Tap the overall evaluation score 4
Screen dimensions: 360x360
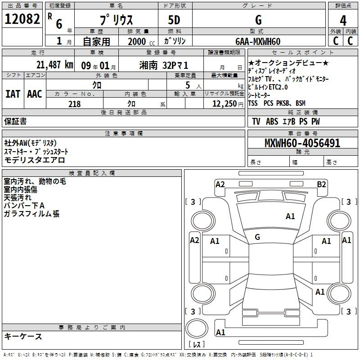(343, 21)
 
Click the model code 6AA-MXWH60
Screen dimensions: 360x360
(258, 41)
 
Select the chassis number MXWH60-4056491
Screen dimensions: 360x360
(302, 144)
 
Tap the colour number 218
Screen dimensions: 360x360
(74, 104)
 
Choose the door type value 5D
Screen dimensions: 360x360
(175, 21)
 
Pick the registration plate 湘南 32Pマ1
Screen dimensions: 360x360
(164, 64)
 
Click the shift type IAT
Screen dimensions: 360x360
(12, 94)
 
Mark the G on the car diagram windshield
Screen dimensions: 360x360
(257, 237)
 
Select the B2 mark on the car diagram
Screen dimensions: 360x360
(321, 184)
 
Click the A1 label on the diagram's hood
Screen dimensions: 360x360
(290, 216)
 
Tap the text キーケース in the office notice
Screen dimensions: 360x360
(23, 336)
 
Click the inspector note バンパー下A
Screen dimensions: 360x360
(24, 206)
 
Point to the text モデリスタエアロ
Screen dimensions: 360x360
(35, 160)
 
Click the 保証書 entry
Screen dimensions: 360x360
(15, 121)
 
